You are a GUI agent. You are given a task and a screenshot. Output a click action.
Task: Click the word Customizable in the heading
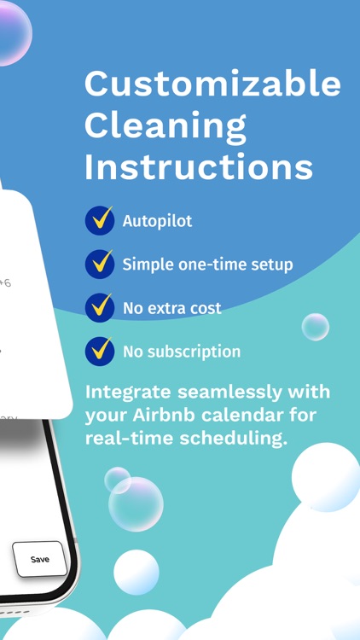click(212, 84)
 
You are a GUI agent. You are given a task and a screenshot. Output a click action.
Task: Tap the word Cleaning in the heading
click(165, 126)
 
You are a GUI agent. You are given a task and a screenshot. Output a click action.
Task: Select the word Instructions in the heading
click(199, 167)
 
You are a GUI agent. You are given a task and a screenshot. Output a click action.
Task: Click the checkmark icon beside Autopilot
click(100, 221)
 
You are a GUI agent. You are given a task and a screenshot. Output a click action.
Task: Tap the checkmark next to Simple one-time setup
click(100, 264)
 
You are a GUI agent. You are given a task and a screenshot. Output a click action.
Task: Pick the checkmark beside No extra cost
click(100, 307)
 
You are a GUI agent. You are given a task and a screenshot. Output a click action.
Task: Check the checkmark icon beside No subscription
click(100, 351)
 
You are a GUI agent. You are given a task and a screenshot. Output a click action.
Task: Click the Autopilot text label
click(157, 221)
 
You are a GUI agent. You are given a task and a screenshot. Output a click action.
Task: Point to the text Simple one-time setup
click(207, 265)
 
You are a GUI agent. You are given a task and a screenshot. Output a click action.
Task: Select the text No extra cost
click(171, 308)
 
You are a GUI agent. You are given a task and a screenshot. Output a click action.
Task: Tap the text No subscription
click(181, 351)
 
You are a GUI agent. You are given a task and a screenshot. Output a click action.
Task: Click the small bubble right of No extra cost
click(316, 326)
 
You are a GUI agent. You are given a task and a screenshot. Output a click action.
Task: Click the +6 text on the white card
click(4, 282)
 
